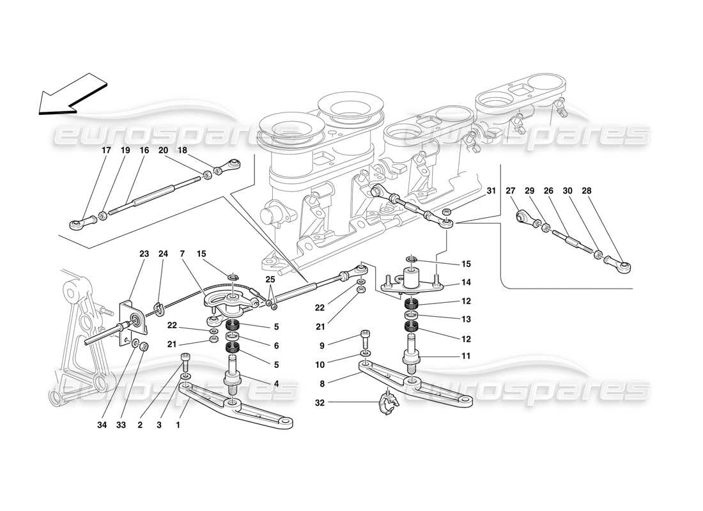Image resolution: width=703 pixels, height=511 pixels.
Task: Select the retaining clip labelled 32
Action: click(x=388, y=402)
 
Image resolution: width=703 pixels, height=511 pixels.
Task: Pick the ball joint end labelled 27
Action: click(x=525, y=218)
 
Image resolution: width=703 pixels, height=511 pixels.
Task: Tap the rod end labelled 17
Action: click(x=76, y=224)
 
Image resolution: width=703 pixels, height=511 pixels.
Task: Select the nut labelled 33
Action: click(x=144, y=347)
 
